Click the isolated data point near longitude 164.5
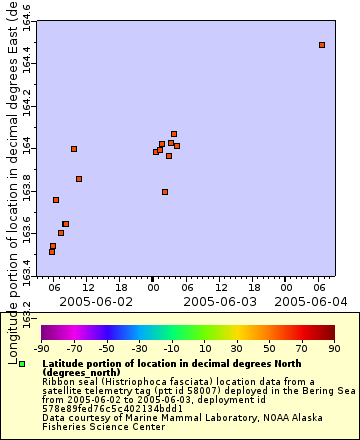(322, 45)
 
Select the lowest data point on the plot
(52, 251)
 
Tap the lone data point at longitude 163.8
(165, 192)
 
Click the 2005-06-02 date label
(96, 300)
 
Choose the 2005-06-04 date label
(311, 300)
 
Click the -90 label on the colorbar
(42, 348)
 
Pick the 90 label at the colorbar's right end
(334, 348)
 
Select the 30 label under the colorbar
(237, 348)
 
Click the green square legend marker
(22, 364)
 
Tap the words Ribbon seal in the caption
(64, 380)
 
